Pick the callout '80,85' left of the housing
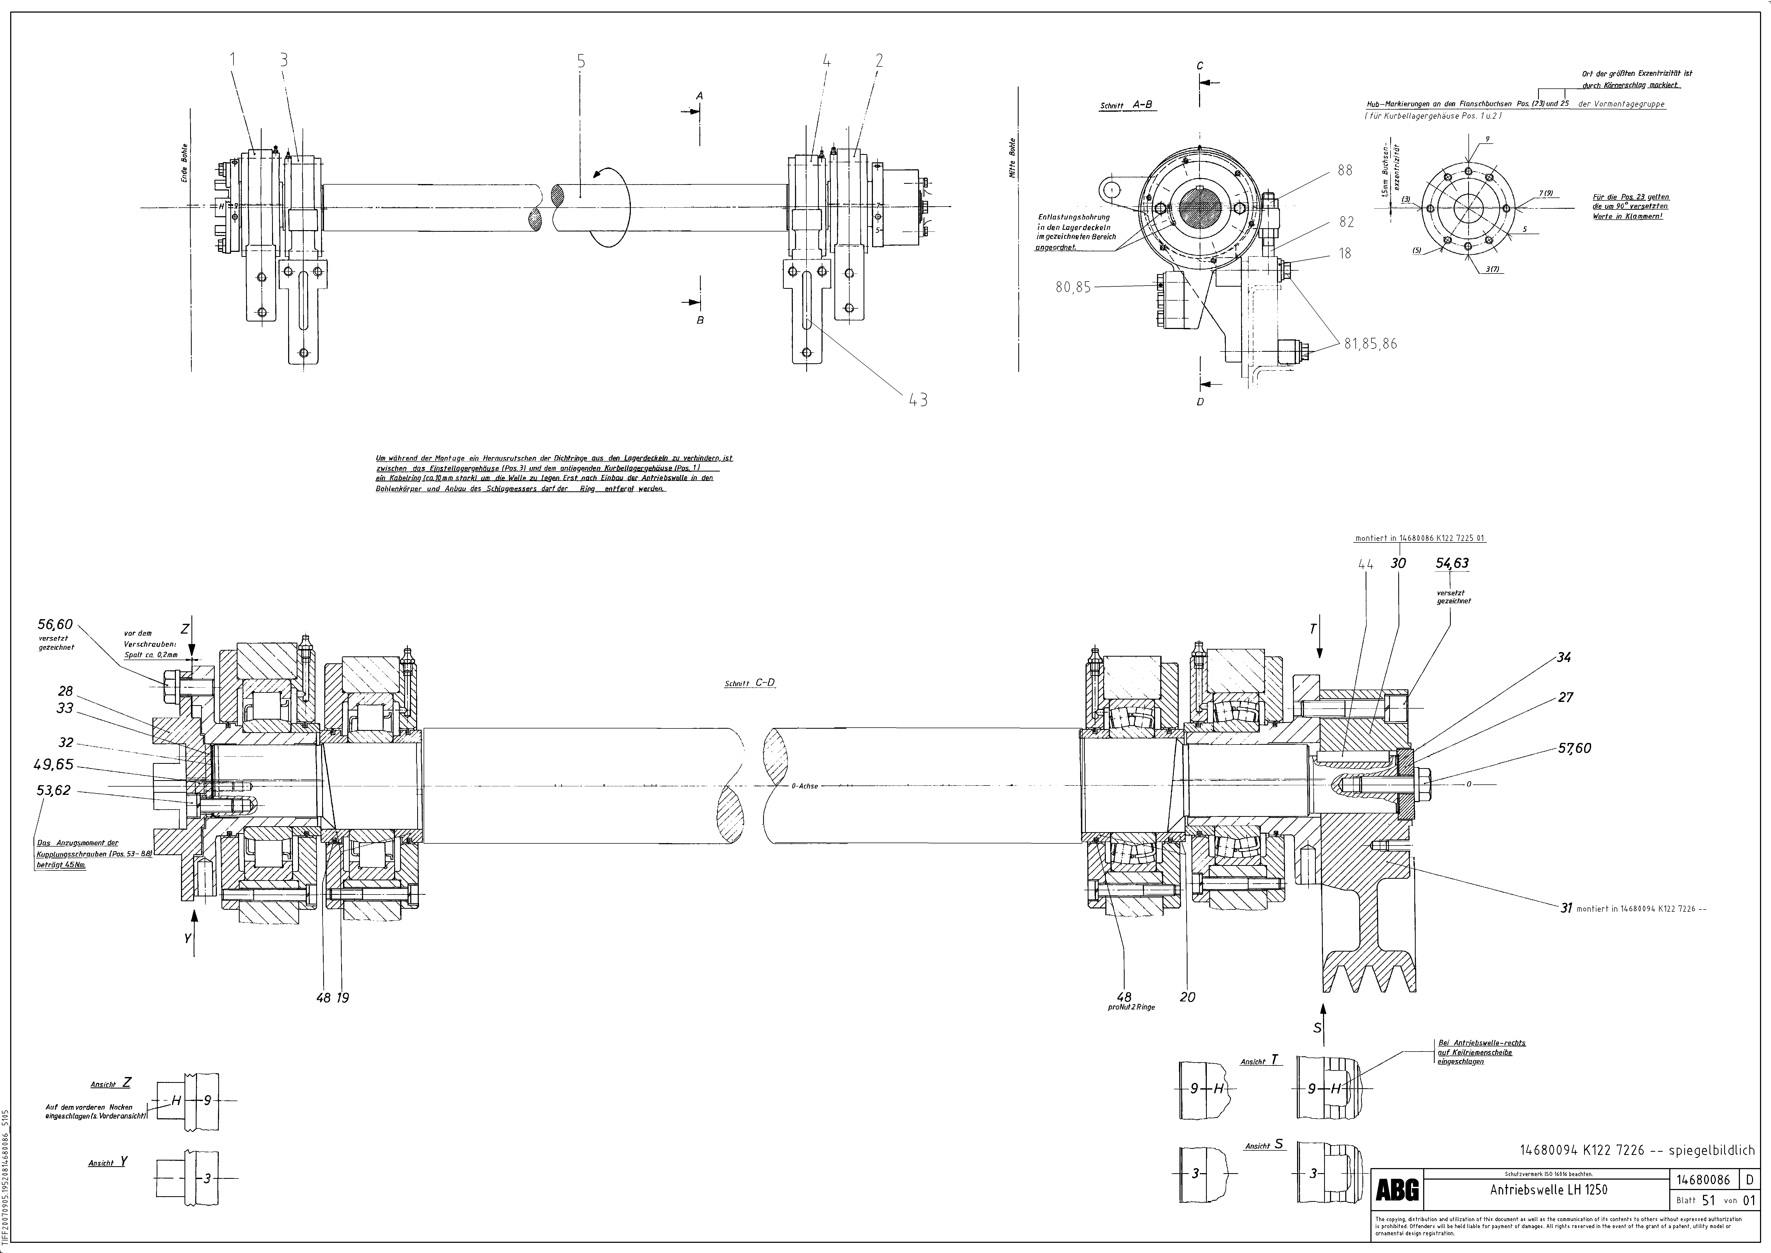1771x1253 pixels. coord(1073,287)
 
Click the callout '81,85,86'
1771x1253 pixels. coord(1370,344)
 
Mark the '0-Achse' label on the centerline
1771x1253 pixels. coord(805,786)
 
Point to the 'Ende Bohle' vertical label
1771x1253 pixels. coord(184,163)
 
